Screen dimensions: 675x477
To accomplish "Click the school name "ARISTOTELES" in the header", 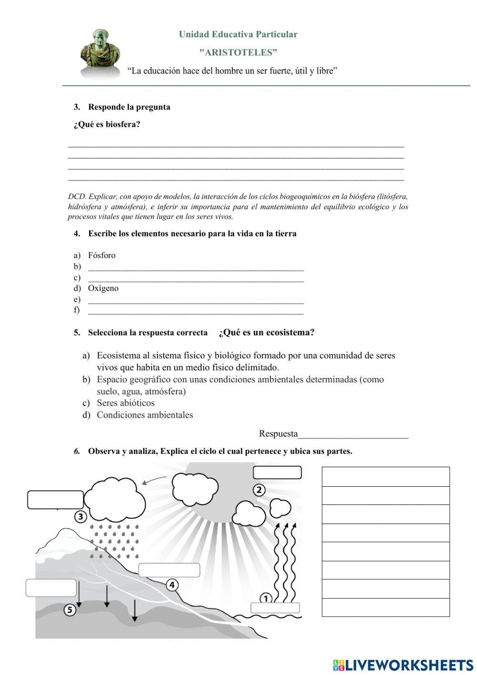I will coord(238,52).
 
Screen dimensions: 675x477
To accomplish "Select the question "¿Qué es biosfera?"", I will coord(107,125).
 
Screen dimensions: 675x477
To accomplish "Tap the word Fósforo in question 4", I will coord(102,255).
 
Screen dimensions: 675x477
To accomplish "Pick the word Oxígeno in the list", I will coord(103,288).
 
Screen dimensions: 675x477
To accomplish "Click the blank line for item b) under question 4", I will coord(196,267).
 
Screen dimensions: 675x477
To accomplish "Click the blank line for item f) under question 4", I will coord(196,311).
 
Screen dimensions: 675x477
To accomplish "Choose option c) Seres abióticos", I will coord(125,403).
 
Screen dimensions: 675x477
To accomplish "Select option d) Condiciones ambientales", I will coord(145,415).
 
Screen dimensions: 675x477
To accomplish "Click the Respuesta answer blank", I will coord(353,434).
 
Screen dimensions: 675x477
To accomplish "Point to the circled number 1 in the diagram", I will coord(266,598).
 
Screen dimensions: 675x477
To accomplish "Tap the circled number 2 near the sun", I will coord(259,490).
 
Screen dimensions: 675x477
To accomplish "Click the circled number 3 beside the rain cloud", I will coord(81,516).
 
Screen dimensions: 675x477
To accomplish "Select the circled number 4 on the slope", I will coord(172,584).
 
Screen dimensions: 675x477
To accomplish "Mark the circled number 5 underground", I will coord(70,610).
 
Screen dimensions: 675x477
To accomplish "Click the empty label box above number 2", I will coord(277,472).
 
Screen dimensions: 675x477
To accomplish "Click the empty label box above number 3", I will coord(55,500).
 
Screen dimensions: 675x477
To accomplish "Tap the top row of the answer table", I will coord(385,477).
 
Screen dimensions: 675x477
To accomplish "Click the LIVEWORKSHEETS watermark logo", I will coord(403,664).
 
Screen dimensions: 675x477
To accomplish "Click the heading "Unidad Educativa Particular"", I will coord(238,34).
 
